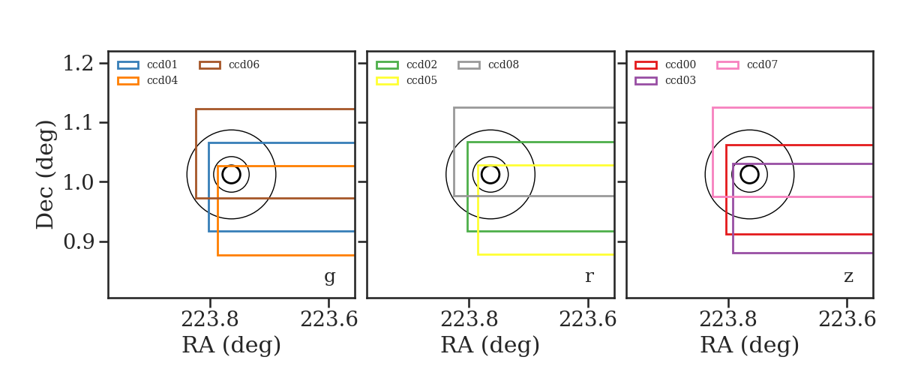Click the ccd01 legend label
(x=162, y=64)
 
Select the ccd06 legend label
(x=244, y=64)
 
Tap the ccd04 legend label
(x=162, y=80)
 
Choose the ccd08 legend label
(x=503, y=64)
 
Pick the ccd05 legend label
(x=421, y=80)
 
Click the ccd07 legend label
(x=762, y=64)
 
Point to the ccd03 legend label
(x=680, y=80)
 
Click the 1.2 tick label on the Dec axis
(x=78, y=64)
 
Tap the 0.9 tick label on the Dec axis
(x=78, y=242)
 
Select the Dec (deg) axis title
(x=44, y=175)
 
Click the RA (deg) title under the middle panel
(x=490, y=345)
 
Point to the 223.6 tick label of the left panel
(x=328, y=320)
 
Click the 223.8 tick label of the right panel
(x=727, y=320)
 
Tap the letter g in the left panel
(x=329, y=277)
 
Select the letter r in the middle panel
(x=589, y=277)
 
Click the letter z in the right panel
(x=848, y=277)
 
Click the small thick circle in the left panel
(x=231, y=165)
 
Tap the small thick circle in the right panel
(x=749, y=165)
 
